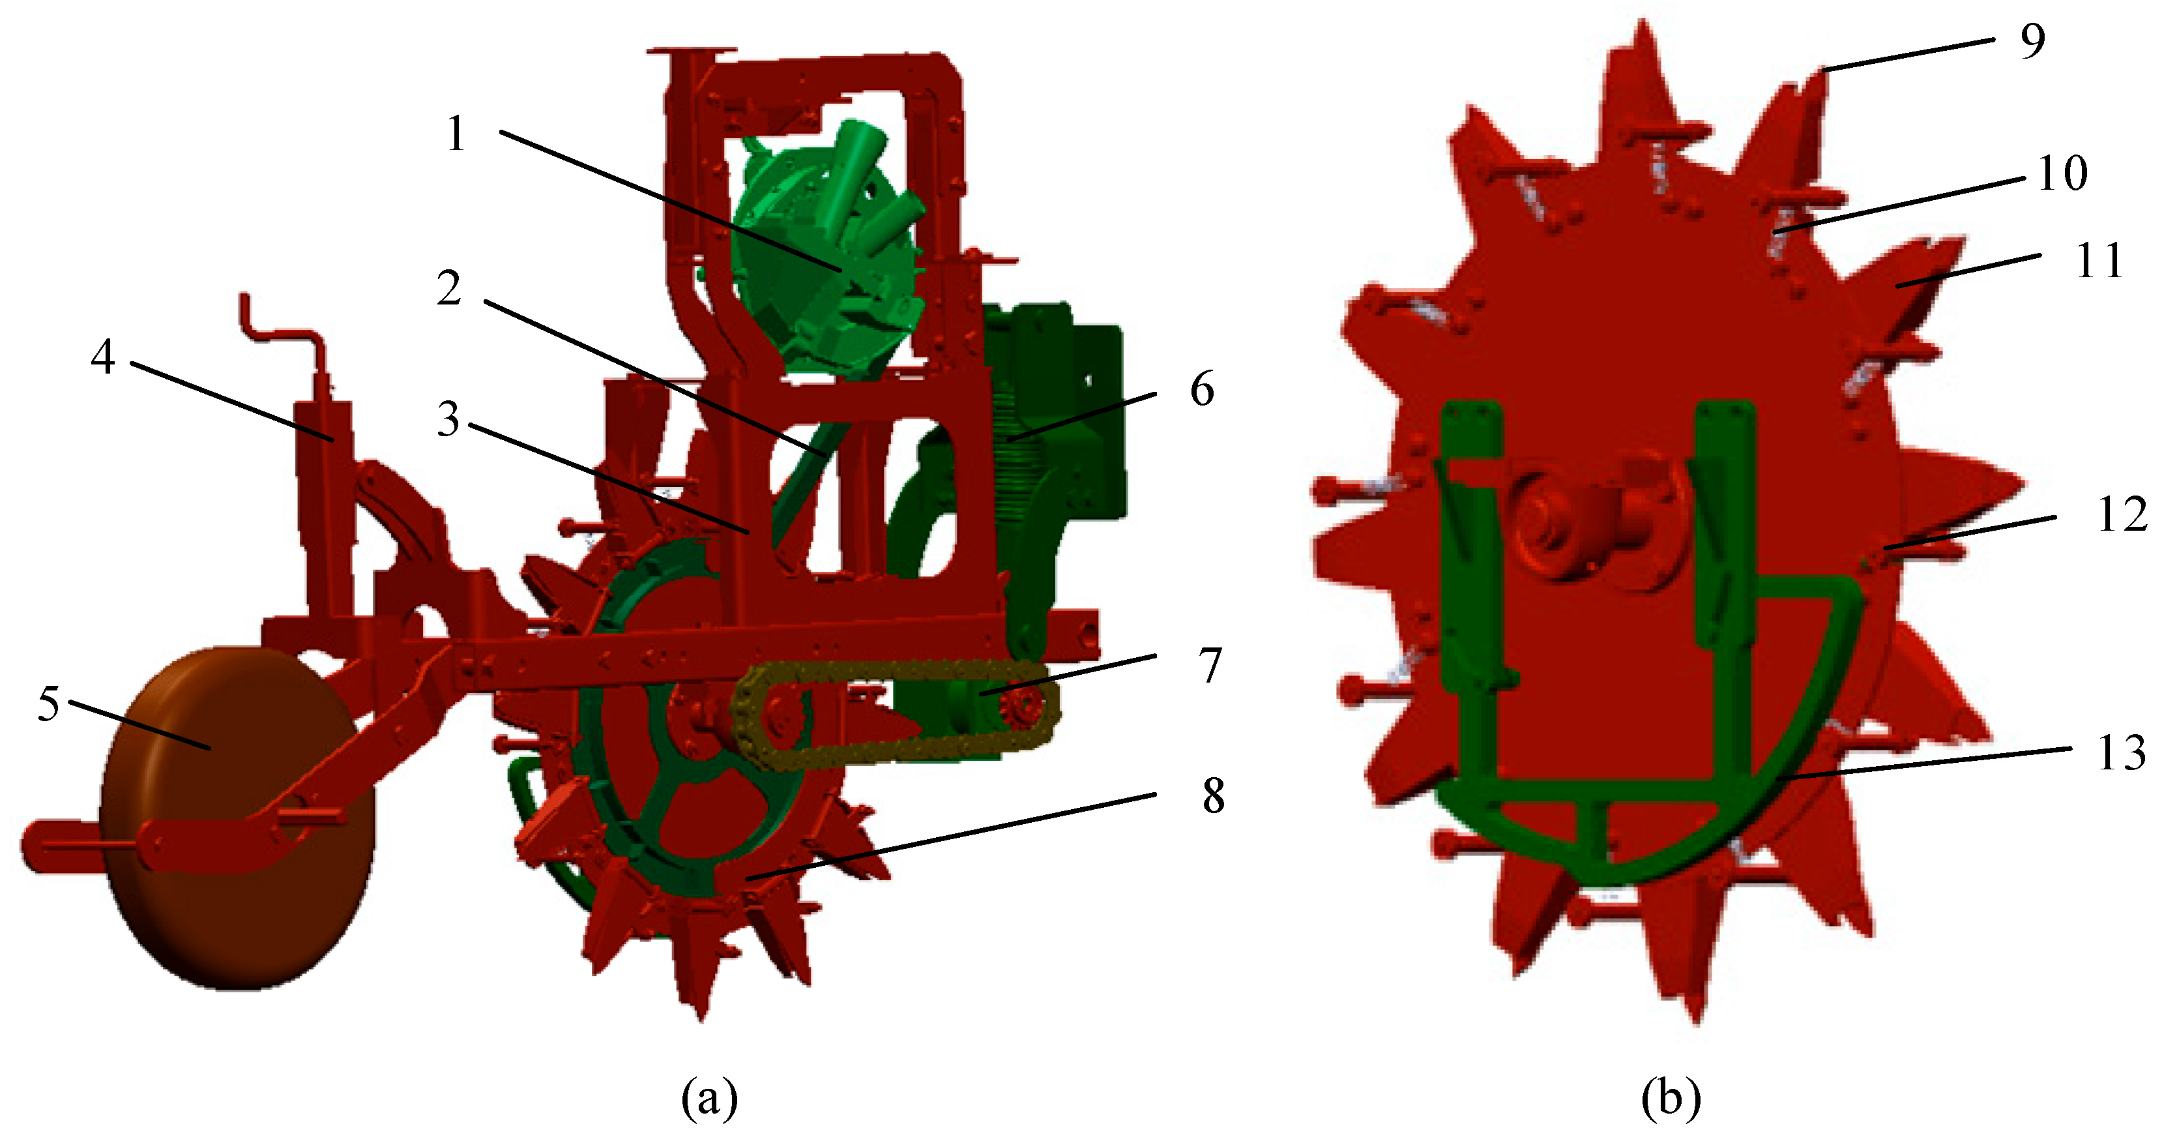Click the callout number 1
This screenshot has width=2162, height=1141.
(x=456, y=134)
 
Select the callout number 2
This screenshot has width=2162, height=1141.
(x=450, y=289)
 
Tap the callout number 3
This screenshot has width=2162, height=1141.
(x=449, y=420)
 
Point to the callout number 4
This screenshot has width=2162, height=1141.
(x=102, y=358)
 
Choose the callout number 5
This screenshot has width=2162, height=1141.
(x=49, y=704)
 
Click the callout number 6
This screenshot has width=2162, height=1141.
(x=1202, y=389)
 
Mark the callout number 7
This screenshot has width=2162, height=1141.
(x=1210, y=666)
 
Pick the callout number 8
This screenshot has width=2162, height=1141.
(x=1213, y=796)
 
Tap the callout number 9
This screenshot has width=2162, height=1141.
(x=2032, y=40)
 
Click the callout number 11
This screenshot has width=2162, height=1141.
(x=2099, y=260)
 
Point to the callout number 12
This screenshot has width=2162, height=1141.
(x=2122, y=514)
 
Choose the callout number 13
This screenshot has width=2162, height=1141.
(x=2122, y=752)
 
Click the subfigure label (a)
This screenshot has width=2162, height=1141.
(x=709, y=1097)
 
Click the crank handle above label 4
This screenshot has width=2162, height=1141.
(x=285, y=332)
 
